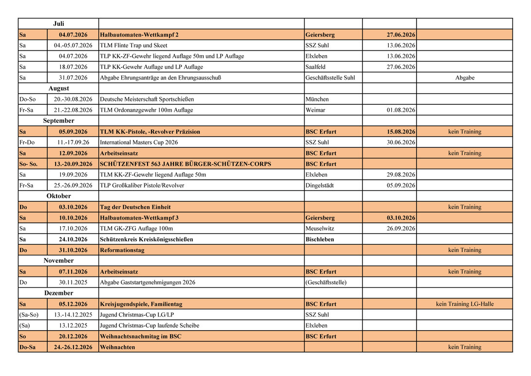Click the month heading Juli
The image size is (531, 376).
(x=58, y=23)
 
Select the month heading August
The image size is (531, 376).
(x=58, y=88)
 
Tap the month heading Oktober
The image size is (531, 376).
(x=58, y=196)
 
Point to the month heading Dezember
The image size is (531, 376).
(x=58, y=293)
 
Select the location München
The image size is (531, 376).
(x=317, y=99)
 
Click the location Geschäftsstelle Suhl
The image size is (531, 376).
(x=330, y=78)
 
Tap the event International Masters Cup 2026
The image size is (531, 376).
(x=139, y=142)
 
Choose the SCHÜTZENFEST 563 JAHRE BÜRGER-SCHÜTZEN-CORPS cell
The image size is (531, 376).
(x=185, y=164)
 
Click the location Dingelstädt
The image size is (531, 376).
(x=320, y=185)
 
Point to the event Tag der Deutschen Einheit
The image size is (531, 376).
(x=135, y=207)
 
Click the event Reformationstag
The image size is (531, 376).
(x=122, y=250)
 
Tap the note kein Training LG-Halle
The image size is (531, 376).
(x=465, y=304)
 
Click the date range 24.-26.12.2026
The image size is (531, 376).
(x=73, y=347)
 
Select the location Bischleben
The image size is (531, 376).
(x=320, y=239)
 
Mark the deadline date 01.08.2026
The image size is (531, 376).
(x=401, y=110)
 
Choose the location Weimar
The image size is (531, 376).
(x=315, y=110)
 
